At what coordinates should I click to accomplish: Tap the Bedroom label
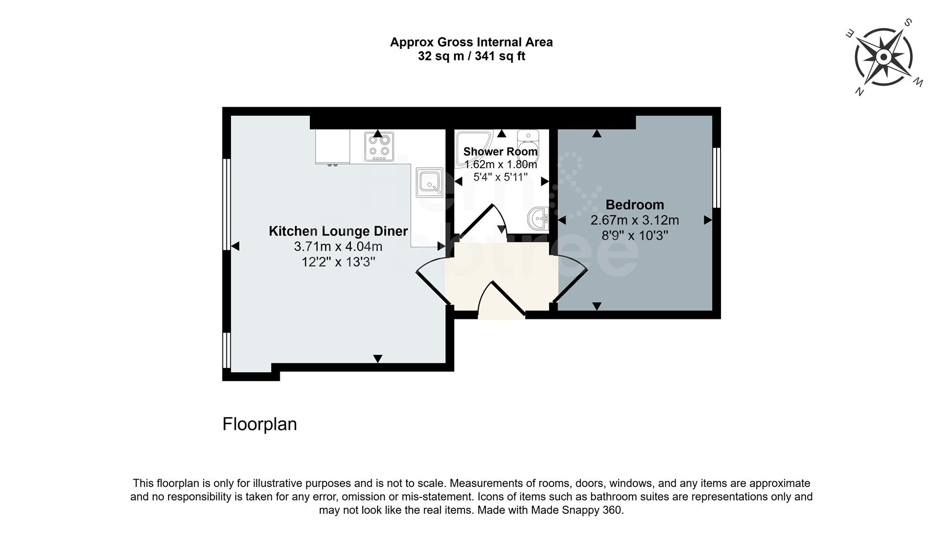635,205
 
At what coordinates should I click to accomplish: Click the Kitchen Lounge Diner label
338,231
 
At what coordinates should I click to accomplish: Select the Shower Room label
500,152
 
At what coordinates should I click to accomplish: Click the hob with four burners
379,147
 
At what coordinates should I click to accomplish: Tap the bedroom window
716,178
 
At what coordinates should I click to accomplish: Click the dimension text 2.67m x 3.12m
635,220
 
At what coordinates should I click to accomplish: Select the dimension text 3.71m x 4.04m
338,246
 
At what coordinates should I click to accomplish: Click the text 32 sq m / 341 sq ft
471,56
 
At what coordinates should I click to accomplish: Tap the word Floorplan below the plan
259,424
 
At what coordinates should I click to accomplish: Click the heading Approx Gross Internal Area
471,42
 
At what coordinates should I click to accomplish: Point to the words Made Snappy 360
577,510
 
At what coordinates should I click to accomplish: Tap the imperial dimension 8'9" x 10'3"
635,235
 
